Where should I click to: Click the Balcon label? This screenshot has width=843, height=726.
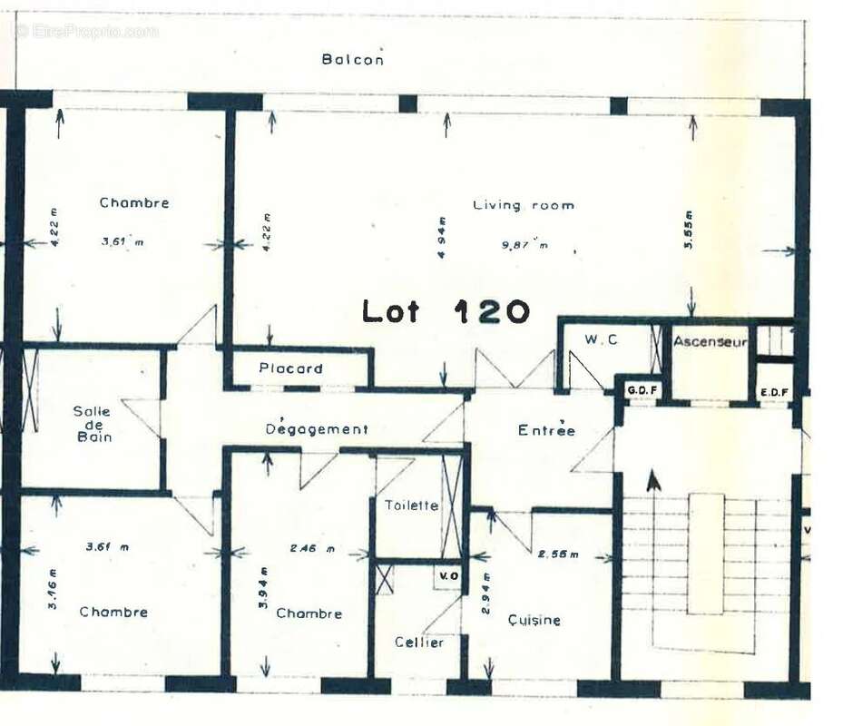[x=352, y=60]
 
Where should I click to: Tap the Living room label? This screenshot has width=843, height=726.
[x=523, y=205]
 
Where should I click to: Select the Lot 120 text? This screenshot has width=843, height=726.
[x=446, y=311]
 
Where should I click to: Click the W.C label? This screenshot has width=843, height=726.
[x=601, y=340]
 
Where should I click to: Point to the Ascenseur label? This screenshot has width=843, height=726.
[x=710, y=342]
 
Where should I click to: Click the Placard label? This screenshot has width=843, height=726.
[x=290, y=368]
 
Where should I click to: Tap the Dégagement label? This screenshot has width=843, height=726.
[x=317, y=429]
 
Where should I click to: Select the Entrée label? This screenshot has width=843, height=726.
[x=546, y=430]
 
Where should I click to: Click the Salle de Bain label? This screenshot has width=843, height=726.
[x=93, y=424]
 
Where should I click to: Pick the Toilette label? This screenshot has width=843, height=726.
[x=411, y=505]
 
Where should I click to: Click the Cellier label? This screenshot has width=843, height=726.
[x=419, y=643]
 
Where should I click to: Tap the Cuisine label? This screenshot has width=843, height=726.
[x=534, y=621]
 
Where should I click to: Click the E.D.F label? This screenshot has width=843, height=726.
[x=773, y=392]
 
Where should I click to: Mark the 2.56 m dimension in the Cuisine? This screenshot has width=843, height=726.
[x=557, y=554]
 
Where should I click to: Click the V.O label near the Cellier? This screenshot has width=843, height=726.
[x=448, y=575]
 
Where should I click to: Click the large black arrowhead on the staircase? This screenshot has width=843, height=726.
[x=652, y=480]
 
